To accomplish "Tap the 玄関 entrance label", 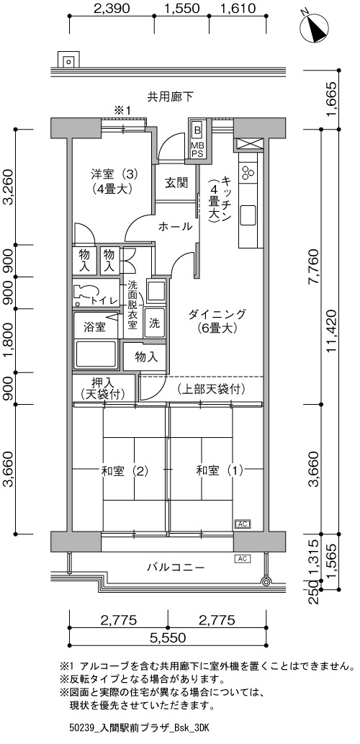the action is pyautogui.click(x=176, y=183).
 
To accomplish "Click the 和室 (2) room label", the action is pyautogui.click(x=125, y=471).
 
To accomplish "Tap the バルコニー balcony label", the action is pyautogui.click(x=176, y=567).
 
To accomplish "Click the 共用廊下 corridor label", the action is pyautogui.click(x=170, y=97).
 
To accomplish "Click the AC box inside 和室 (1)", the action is pyautogui.click(x=243, y=524).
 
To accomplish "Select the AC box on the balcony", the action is pyautogui.click(x=243, y=558).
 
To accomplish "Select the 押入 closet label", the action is pyautogui.click(x=102, y=387).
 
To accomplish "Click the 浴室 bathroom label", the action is pyautogui.click(x=94, y=326).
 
